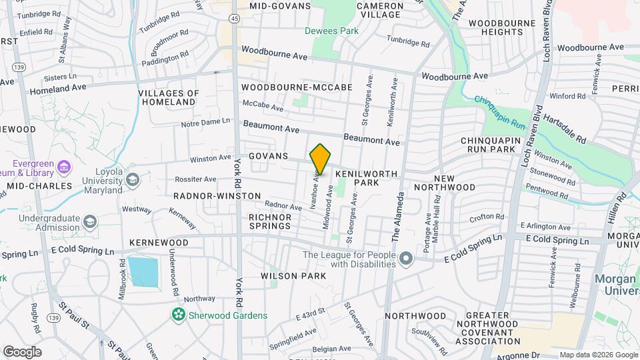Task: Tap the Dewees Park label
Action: [331, 31]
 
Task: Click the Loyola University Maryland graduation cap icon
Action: [133, 180]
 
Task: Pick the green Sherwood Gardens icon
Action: [178, 315]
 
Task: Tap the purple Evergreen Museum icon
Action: [64, 165]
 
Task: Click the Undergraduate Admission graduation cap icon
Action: [90, 221]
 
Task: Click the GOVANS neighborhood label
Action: [268, 156]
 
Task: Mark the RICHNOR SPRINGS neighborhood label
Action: [270, 221]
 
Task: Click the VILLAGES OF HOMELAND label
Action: [169, 98]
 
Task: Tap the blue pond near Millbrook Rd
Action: [143, 271]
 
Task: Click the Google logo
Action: [22, 351]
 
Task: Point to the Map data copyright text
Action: [598, 355]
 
